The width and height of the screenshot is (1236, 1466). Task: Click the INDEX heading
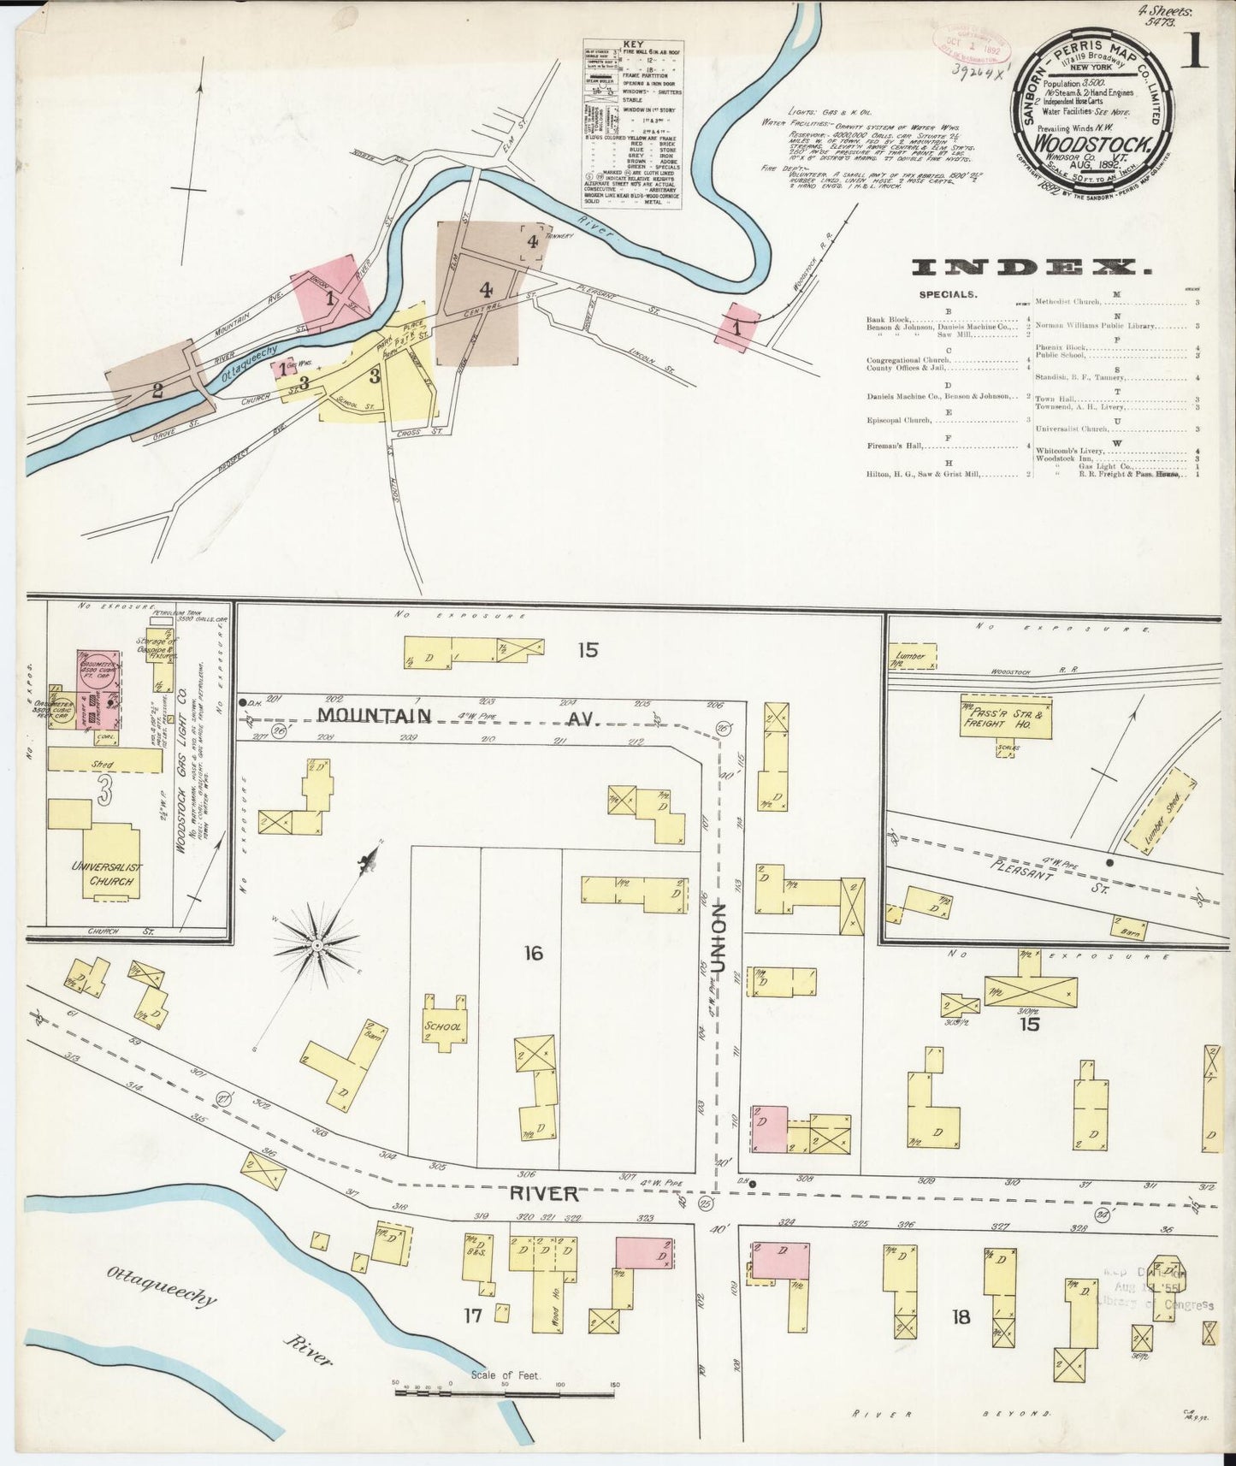point(1031,268)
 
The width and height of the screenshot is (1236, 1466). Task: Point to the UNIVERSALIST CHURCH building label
point(108,874)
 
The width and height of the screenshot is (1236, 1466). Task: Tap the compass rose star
point(316,944)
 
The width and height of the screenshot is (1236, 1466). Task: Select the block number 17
point(473,1315)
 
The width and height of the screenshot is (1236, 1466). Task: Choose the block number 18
point(961,1317)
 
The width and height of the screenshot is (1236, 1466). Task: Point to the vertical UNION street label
point(719,939)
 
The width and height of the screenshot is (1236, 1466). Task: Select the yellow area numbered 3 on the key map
point(373,375)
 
